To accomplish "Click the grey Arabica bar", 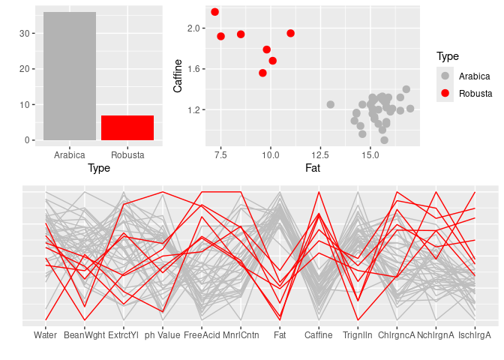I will pos(70,76).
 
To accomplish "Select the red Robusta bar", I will pos(127,127).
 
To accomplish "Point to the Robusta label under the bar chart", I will pos(127,155).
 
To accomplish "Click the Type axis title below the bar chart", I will pos(99,168).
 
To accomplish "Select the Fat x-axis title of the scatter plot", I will pos(313,168).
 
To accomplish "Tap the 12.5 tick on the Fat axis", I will pos(320,155).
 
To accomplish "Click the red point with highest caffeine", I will pos(214,12).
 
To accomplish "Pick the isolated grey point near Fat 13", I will pos(330,104).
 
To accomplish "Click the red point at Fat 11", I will pos(290,33).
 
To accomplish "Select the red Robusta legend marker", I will pos(445,93).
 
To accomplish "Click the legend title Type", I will pos(448,56).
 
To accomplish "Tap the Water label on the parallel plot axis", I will pos(46,335).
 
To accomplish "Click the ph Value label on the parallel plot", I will pos(163,335).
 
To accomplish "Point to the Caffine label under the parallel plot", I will pos(319,335).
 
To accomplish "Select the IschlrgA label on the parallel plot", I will pos(475,335).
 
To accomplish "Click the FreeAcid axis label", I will pos(202,335).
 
